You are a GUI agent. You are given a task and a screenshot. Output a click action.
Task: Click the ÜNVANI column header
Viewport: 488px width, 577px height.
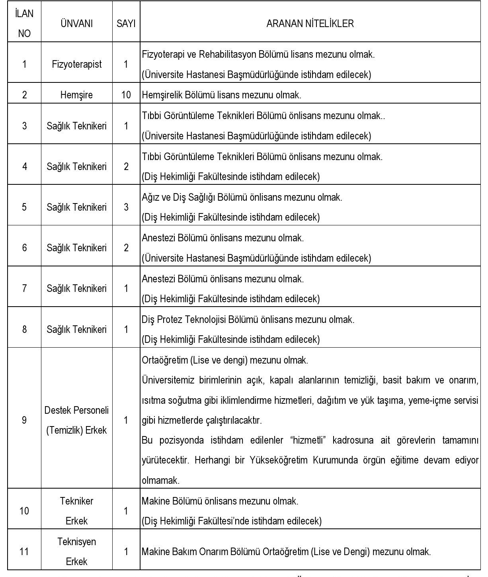tap(76, 23)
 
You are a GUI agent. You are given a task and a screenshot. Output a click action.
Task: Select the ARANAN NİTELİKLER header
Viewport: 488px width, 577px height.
tap(310, 23)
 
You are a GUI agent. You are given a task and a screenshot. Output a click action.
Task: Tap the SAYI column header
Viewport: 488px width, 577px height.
tap(126, 23)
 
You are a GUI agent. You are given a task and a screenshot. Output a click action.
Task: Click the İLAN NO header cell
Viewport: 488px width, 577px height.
tap(24, 23)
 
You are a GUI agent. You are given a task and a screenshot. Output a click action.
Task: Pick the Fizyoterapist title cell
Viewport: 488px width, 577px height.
tap(76, 64)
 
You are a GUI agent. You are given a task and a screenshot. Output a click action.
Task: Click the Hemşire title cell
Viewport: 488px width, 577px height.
tap(76, 95)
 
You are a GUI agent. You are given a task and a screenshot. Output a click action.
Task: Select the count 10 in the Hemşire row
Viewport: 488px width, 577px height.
tap(126, 95)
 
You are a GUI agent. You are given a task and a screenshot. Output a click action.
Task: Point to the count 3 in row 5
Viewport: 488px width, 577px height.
tap(126, 207)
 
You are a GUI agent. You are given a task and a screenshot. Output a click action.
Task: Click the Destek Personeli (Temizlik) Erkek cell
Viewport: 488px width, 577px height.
tap(76, 420)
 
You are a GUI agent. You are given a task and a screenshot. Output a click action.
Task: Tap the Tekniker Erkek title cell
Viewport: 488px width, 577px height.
tap(76, 510)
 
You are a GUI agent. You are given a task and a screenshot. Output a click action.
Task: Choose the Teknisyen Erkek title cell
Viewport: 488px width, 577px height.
tap(76, 552)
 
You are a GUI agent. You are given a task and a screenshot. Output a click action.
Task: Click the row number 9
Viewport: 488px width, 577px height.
tap(24, 420)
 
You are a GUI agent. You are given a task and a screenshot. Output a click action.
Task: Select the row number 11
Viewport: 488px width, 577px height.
tap(24, 552)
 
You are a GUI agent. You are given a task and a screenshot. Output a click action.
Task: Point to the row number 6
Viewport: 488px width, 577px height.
tap(24, 248)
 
